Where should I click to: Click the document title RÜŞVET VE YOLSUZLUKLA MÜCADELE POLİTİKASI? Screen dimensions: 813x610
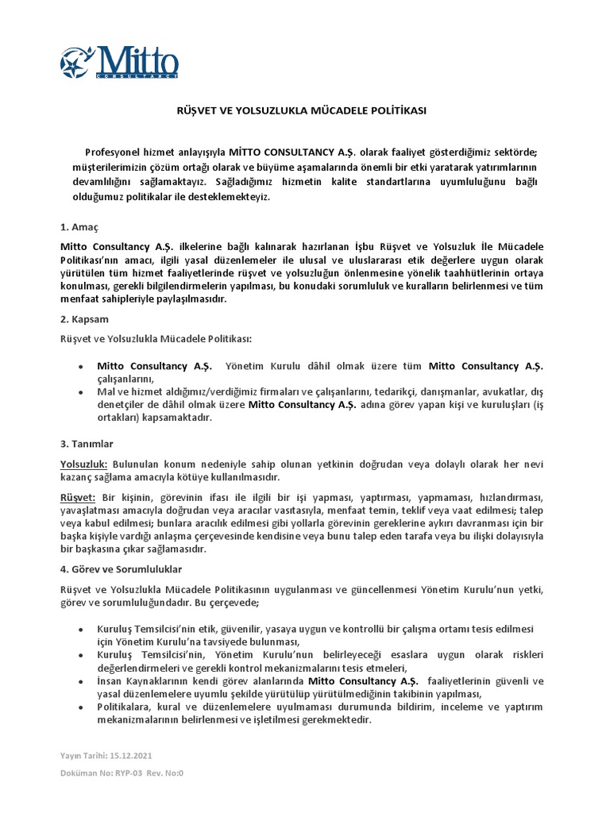pos(301,111)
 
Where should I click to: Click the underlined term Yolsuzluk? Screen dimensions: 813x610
pos(84,463)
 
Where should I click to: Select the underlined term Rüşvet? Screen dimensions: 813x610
pos(78,496)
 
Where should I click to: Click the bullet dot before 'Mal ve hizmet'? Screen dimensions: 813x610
pos(81,392)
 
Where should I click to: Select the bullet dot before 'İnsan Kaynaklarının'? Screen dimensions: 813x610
pos(81,682)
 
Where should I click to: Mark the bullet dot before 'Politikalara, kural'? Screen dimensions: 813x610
pos(81,706)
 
